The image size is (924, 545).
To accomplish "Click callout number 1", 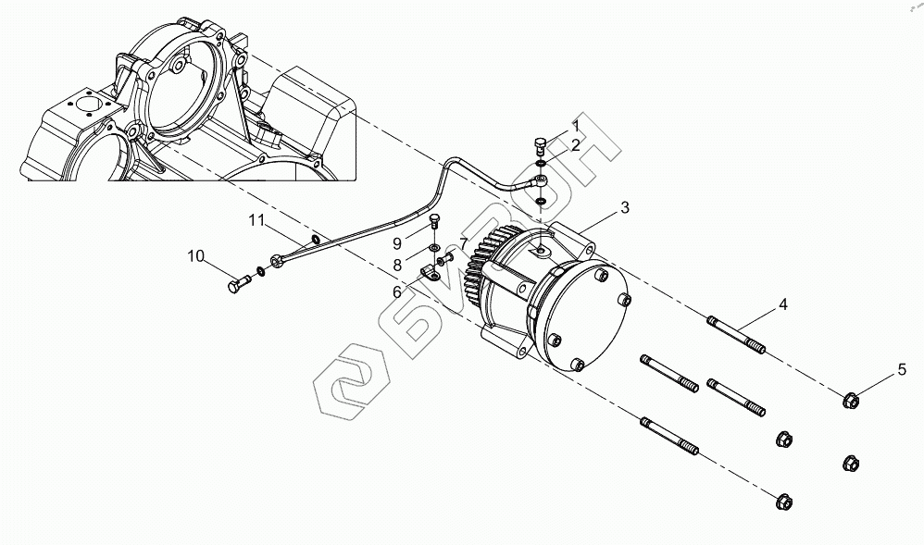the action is click(x=575, y=124).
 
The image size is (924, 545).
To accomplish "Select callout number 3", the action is click(x=625, y=208).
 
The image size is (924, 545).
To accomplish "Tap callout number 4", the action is click(x=783, y=303).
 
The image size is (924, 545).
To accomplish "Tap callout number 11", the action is click(x=256, y=220).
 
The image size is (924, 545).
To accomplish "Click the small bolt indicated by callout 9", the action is click(x=436, y=222).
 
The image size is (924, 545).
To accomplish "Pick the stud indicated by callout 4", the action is click(x=737, y=335).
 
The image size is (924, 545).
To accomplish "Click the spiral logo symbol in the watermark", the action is click(x=350, y=380).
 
